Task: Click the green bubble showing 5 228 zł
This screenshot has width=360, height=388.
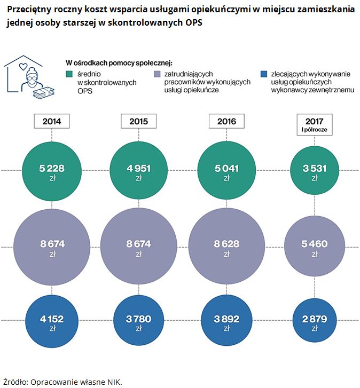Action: [52, 172]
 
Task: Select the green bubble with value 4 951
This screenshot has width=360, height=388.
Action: [138, 172]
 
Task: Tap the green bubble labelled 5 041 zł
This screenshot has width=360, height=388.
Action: [226, 172]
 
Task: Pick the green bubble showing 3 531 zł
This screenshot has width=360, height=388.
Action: [314, 172]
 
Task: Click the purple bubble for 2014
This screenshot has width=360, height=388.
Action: [52, 247]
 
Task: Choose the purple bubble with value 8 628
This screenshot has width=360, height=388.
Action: [226, 247]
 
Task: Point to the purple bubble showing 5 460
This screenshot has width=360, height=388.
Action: [314, 247]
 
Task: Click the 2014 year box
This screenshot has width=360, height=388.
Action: [51, 121]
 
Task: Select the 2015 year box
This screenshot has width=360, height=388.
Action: [138, 121]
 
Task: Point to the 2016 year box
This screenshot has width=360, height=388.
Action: [226, 121]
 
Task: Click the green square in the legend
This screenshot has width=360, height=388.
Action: [68, 75]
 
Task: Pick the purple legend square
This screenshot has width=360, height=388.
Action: [157, 75]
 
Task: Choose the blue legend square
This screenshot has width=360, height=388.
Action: [261, 75]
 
